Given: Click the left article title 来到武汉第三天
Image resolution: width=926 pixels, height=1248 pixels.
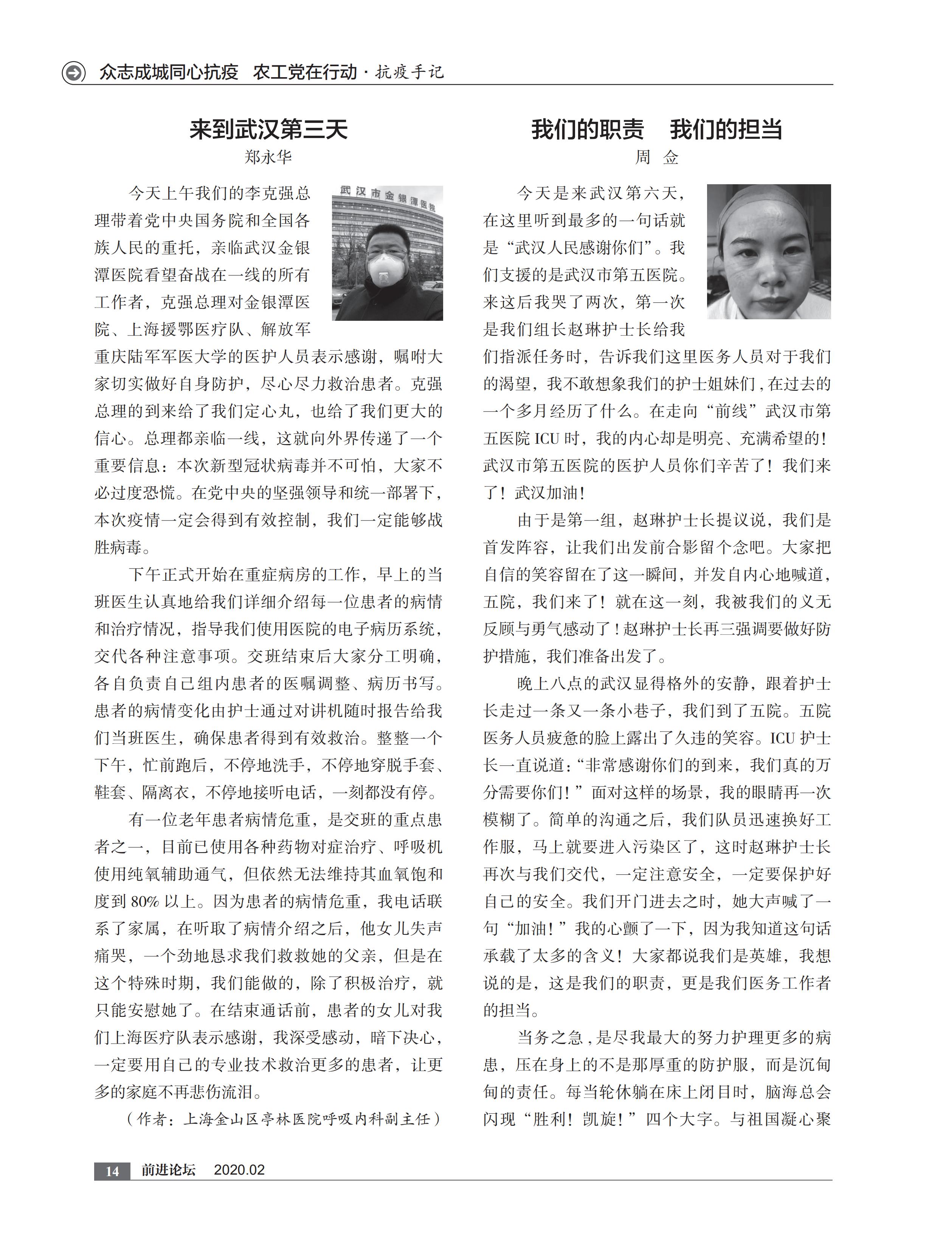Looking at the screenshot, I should coord(268,129).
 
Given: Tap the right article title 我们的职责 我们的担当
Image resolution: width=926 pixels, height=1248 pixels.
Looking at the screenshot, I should coord(656,129).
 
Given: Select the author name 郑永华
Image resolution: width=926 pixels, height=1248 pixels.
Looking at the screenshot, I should coord(268,157).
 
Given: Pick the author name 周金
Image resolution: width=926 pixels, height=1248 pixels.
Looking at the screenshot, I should coord(656,157).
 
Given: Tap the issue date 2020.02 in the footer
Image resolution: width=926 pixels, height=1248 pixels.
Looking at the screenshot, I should coord(239,1170).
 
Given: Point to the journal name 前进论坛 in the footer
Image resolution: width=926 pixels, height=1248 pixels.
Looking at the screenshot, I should coord(168,1170).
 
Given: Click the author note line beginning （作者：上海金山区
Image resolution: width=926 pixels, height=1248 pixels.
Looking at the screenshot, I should coord(284,1119).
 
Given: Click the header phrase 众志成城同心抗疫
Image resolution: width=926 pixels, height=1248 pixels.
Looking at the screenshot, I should coord(169,72).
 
